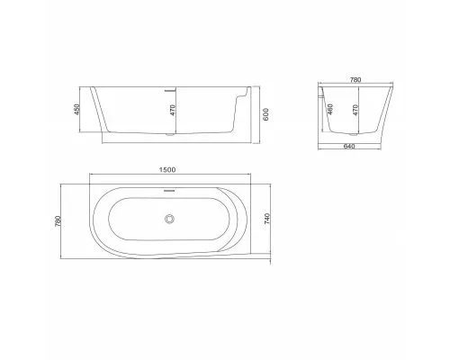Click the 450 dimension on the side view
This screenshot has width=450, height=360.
(78, 110)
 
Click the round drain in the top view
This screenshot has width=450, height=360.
(168, 218)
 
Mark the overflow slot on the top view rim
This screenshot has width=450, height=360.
(168, 190)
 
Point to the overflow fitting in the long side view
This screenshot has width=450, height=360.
(168, 91)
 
